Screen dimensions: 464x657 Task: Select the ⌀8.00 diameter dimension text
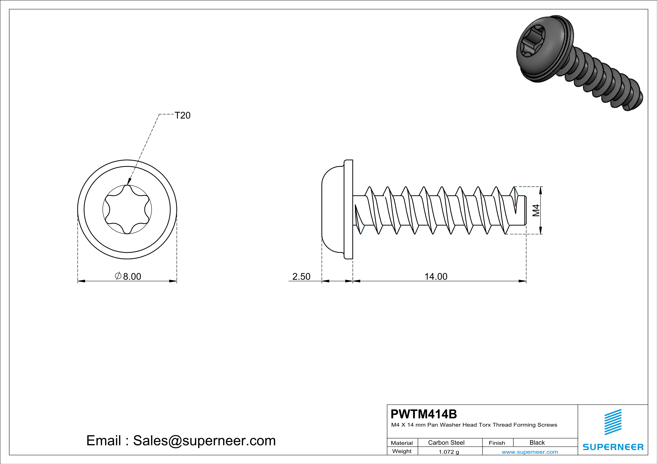pos(128,276)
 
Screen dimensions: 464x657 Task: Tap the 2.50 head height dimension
pos(301,276)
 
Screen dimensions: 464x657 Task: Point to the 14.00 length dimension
pos(436,276)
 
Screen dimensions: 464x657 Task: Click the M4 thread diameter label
pos(536,210)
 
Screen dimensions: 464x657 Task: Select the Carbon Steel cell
pos(446,442)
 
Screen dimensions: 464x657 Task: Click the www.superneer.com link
pos(530,452)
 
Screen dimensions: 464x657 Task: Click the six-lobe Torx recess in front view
pos(127,209)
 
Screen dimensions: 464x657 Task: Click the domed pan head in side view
pos(332,209)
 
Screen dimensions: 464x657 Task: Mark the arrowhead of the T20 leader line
pos(129,182)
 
